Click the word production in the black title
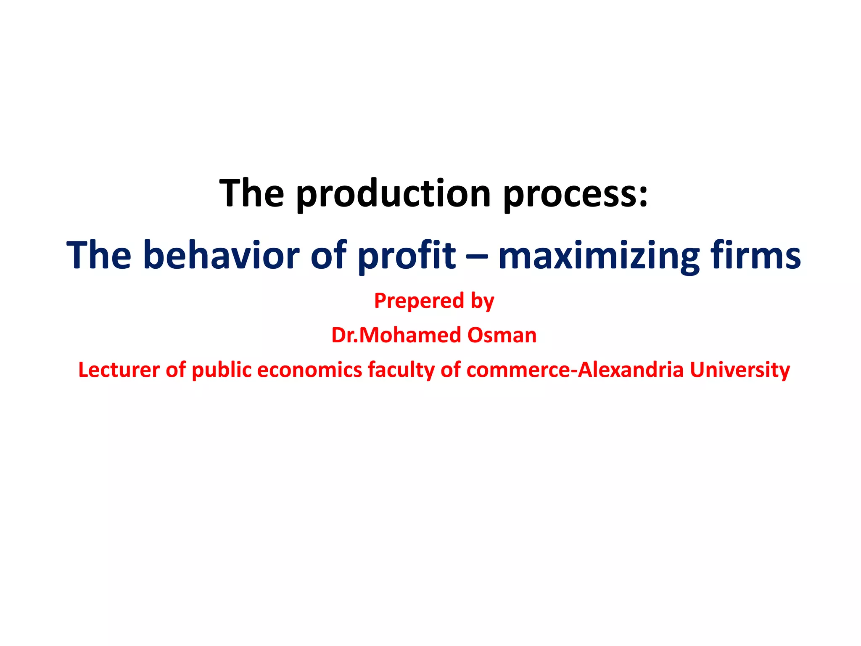[x=393, y=194]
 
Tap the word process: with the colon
[x=576, y=194]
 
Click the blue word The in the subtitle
[x=99, y=255]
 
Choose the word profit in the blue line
[x=406, y=255]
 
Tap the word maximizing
[x=599, y=255]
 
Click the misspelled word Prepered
[x=413, y=301]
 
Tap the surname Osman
[x=502, y=335]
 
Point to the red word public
[x=222, y=370]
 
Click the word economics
[x=309, y=370]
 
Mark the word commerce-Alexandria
[x=575, y=370]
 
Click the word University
[x=740, y=370]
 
